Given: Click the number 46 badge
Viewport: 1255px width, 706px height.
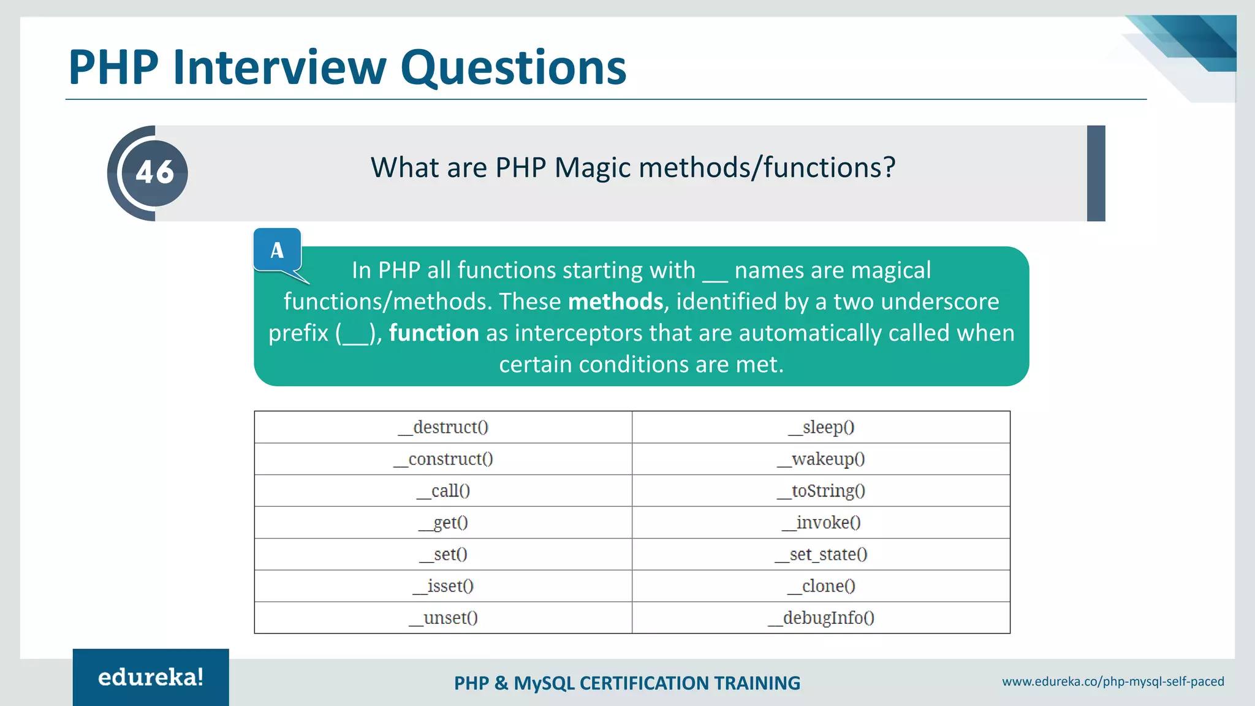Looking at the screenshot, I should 154,173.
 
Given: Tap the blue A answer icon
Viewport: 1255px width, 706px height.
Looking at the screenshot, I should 277,250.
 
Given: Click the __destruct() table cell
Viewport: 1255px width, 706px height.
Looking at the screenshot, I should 443,427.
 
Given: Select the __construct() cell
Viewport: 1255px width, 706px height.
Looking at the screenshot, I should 443,459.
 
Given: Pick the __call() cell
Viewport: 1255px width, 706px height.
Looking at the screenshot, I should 443,491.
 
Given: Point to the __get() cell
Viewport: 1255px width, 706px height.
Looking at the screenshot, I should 443,523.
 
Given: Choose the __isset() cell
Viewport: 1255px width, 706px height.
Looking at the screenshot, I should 443,586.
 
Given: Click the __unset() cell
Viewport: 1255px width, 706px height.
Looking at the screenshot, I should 443,618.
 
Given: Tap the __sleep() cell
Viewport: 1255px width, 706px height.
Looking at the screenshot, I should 821,427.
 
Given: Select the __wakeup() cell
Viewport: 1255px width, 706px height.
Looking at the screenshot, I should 821,459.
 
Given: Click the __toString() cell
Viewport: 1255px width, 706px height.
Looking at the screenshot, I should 821,491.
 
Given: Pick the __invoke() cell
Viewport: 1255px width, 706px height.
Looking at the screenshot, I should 821,523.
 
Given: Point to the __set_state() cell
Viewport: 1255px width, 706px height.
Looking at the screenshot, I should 821,555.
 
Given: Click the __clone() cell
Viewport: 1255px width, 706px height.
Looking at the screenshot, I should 821,586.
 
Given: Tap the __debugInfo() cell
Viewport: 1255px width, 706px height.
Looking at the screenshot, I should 821,618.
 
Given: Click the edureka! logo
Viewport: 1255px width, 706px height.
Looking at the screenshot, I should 151,677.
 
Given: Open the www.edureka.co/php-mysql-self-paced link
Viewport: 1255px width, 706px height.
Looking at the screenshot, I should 1113,681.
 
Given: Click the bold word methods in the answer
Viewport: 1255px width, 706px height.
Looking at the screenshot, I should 615,302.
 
